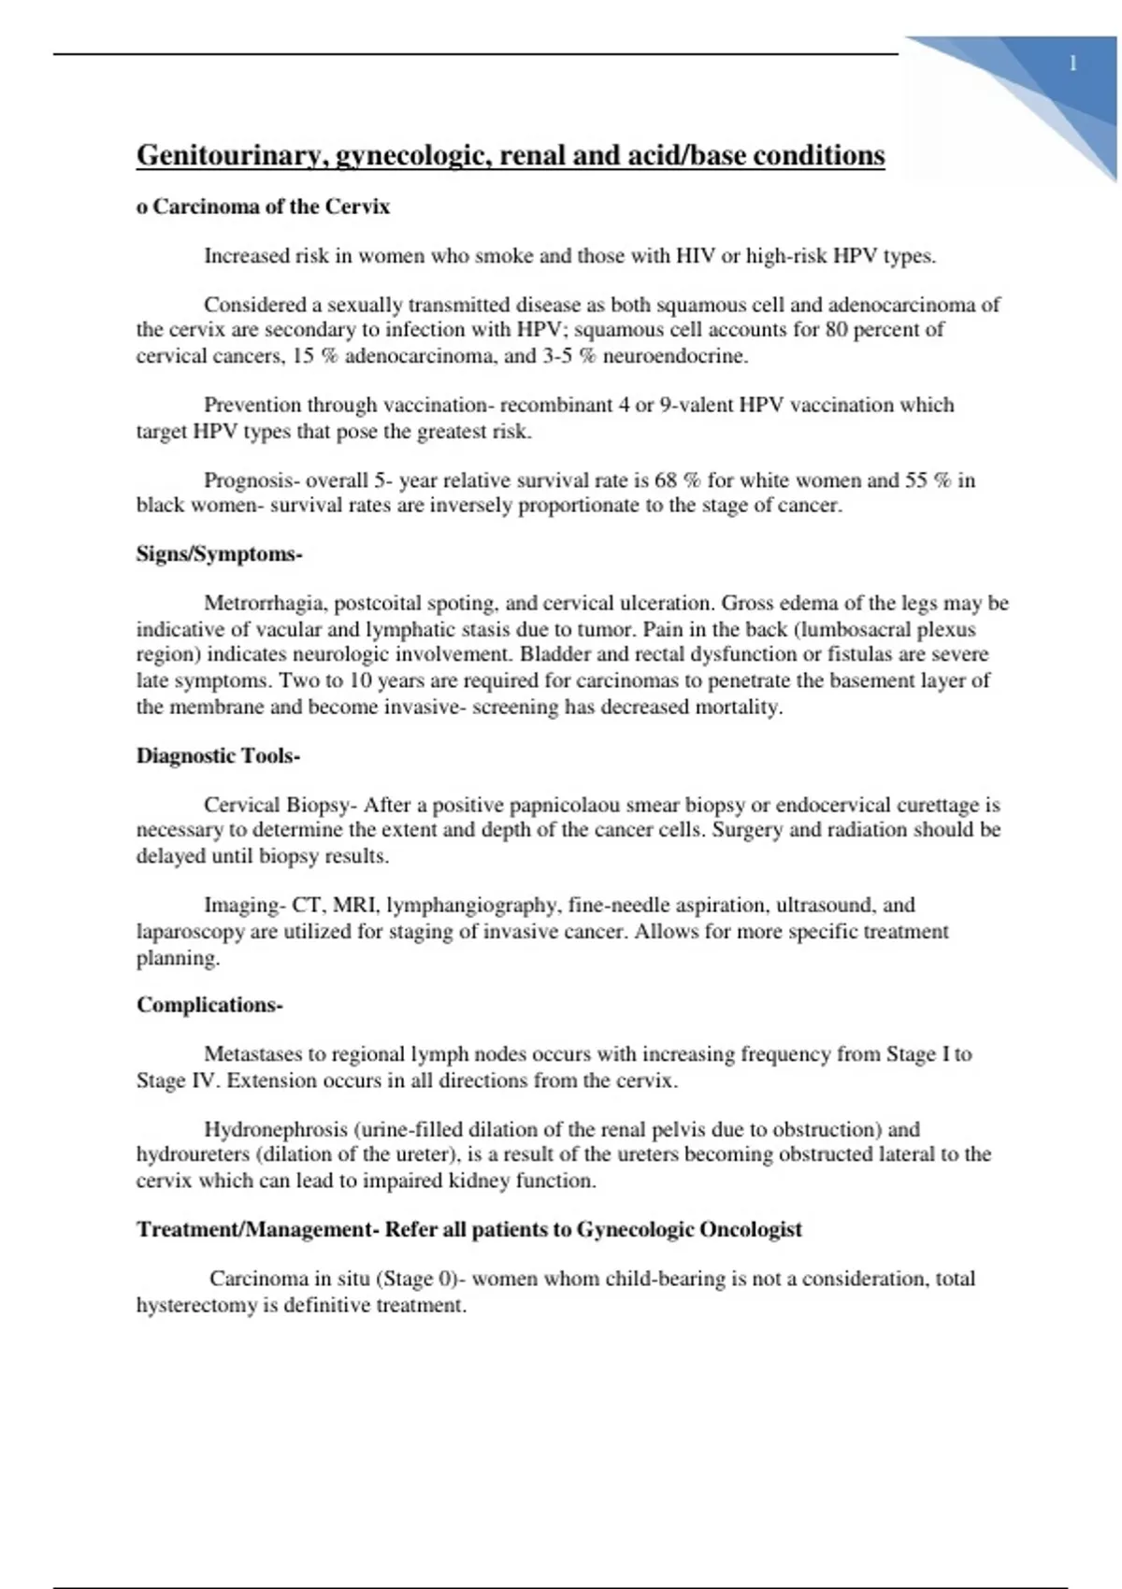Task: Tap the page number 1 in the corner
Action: (x=1072, y=64)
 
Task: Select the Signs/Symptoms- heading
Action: (x=219, y=554)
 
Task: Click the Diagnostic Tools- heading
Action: (x=218, y=756)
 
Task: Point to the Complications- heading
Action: (x=209, y=1006)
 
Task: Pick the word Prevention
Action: (x=252, y=406)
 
